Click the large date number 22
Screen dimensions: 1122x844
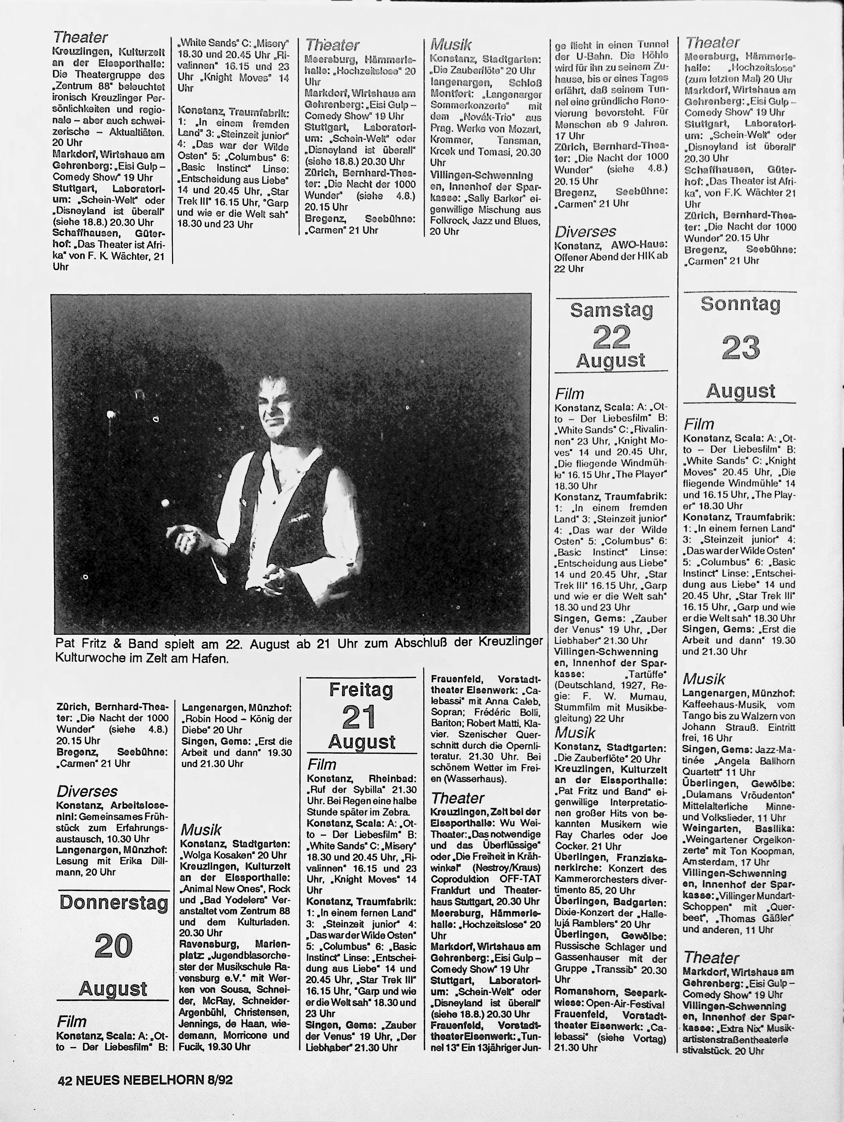point(611,337)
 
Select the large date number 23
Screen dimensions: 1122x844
point(741,348)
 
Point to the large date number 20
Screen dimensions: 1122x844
point(113,945)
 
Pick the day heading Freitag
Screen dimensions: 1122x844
point(361,690)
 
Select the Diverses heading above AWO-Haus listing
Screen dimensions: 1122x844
point(585,232)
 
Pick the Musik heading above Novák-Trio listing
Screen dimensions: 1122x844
point(451,44)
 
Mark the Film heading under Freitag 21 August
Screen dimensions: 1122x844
point(322,765)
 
